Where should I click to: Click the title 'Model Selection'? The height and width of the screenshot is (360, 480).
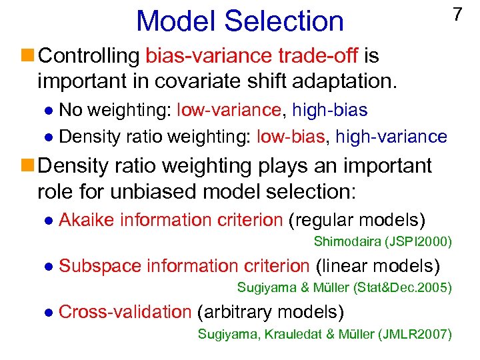coord(239,21)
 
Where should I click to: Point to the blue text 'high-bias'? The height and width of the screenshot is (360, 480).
coord(331,109)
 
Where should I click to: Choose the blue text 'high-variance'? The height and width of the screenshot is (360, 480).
coord(391,137)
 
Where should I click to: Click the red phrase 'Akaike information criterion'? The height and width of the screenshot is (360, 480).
coord(171,220)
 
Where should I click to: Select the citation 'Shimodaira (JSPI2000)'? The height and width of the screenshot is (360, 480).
coord(383,241)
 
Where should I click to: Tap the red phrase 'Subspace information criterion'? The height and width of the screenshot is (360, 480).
coord(184,266)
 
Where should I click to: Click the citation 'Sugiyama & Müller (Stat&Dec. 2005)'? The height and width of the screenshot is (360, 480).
coord(345,288)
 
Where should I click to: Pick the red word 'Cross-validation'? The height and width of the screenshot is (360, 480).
coord(125,312)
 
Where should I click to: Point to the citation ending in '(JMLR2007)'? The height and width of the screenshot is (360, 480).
coord(325,334)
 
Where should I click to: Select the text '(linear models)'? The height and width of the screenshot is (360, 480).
coord(377,266)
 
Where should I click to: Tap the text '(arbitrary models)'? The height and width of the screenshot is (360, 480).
coord(271,312)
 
